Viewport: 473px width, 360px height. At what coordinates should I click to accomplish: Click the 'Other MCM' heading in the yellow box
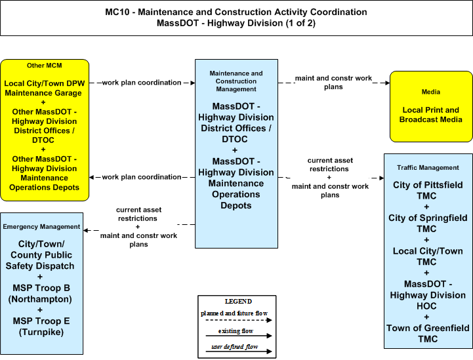[x=45, y=66]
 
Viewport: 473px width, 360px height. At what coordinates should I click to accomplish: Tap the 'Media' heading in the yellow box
[x=431, y=92]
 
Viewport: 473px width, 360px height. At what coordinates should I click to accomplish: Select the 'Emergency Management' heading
[x=41, y=226]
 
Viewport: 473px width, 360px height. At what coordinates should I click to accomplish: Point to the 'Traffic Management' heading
[x=428, y=167]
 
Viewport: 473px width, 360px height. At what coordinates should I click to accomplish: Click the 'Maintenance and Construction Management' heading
[x=236, y=81]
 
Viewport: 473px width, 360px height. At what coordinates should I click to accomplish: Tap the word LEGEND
[x=238, y=301]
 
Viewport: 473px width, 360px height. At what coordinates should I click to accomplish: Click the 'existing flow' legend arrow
[x=239, y=336]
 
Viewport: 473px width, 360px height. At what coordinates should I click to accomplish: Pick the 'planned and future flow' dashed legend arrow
[x=239, y=320]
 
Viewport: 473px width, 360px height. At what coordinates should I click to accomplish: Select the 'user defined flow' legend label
[x=235, y=346]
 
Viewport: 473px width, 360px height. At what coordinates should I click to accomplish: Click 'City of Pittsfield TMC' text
[x=428, y=190]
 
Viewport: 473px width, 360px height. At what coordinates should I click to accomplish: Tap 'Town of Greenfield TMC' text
[x=428, y=333]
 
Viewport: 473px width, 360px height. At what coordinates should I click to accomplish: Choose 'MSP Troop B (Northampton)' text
[x=41, y=293]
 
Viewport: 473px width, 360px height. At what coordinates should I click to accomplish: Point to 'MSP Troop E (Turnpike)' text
[x=41, y=327]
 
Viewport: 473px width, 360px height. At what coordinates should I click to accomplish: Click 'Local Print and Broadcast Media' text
[x=431, y=115]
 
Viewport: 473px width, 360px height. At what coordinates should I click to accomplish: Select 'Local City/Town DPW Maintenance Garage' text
[x=44, y=88]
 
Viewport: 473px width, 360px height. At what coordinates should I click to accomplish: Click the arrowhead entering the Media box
[x=387, y=83]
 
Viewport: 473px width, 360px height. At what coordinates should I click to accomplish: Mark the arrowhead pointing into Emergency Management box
[x=86, y=230]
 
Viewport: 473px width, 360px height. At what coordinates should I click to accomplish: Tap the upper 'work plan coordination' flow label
[x=142, y=83]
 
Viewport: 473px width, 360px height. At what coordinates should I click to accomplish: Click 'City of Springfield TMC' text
[x=428, y=223]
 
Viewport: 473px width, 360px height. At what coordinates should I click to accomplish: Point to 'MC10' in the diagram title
[x=117, y=12]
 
